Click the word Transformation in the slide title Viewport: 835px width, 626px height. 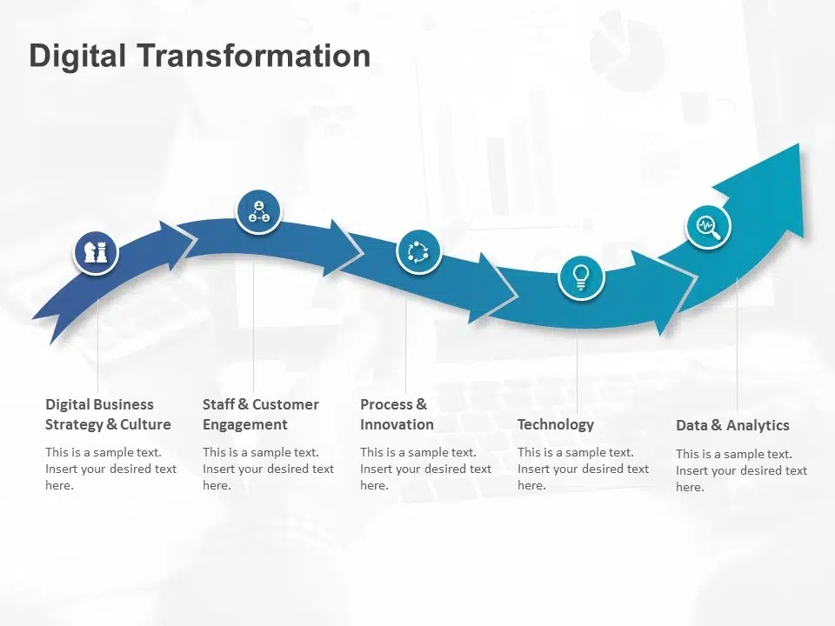pyautogui.click(x=254, y=56)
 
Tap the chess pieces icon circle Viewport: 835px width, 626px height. pyautogui.click(x=95, y=252)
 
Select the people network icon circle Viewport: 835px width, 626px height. pyautogui.click(x=259, y=211)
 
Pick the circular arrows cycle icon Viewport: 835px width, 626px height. pyautogui.click(x=418, y=252)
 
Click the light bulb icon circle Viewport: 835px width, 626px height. pyautogui.click(x=580, y=277)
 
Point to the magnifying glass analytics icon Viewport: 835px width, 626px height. pyautogui.click(x=708, y=227)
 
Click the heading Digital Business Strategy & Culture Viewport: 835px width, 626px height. pyautogui.click(x=108, y=415)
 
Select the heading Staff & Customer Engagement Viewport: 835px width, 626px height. pyautogui.click(x=260, y=415)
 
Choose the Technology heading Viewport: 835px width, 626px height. pyautogui.click(x=555, y=424)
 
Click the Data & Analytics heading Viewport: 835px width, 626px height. pyautogui.click(x=732, y=425)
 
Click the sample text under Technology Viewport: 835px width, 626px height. pyautogui.click(x=583, y=469)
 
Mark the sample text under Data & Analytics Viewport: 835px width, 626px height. pyautogui.click(x=741, y=470)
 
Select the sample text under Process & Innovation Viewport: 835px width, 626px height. pyautogui.click(x=425, y=469)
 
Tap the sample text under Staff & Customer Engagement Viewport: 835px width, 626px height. pyautogui.click(x=268, y=469)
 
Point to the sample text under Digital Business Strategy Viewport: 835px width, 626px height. pyautogui.click(x=110, y=469)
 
